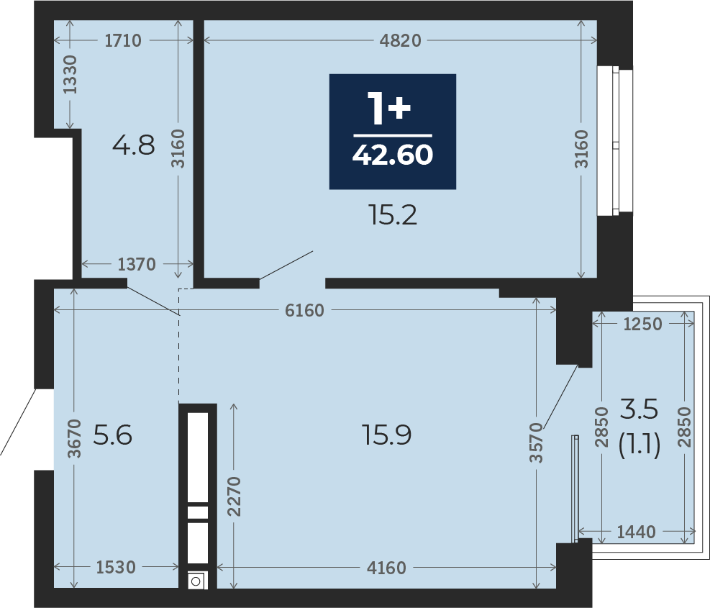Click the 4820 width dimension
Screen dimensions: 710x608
(400, 41)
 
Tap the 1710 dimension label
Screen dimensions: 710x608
(123, 41)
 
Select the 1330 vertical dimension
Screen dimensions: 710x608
(70, 75)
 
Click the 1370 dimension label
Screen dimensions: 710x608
(137, 264)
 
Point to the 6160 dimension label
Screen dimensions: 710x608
(305, 310)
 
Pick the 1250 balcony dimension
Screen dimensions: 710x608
(642, 324)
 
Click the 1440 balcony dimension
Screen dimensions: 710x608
(636, 532)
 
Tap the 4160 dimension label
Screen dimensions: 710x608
(386, 568)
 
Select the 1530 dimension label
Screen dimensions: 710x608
(116, 567)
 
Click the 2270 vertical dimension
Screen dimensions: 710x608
(234, 496)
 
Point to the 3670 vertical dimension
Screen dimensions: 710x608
(74, 439)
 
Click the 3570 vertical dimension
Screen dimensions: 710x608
(536, 443)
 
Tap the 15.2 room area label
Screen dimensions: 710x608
(393, 214)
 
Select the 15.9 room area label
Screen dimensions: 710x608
(387, 435)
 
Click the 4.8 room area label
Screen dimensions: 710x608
(134, 145)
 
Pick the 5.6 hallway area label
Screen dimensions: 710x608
(113, 435)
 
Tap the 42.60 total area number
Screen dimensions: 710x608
(393, 155)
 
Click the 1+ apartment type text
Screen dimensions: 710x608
(389, 108)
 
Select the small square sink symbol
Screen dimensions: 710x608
(196, 581)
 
